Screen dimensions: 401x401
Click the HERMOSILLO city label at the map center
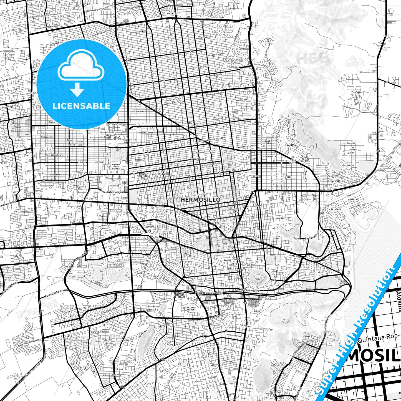(x=201, y=200)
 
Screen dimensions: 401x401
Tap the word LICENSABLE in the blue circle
(x=81, y=106)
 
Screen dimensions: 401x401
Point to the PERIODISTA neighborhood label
(x=269, y=156)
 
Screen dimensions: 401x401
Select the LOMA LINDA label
(x=268, y=142)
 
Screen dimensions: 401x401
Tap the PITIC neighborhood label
(x=289, y=177)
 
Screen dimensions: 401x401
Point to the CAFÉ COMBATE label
(x=353, y=148)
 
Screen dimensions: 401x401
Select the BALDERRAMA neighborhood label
(x=198, y=159)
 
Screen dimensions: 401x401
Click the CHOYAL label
(x=139, y=160)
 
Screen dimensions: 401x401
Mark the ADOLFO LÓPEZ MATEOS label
(x=116, y=166)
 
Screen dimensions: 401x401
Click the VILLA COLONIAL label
(x=172, y=12)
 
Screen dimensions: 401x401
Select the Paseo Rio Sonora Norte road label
(x=209, y=293)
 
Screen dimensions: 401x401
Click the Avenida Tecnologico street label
(x=112, y=192)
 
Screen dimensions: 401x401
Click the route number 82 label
(x=387, y=82)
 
